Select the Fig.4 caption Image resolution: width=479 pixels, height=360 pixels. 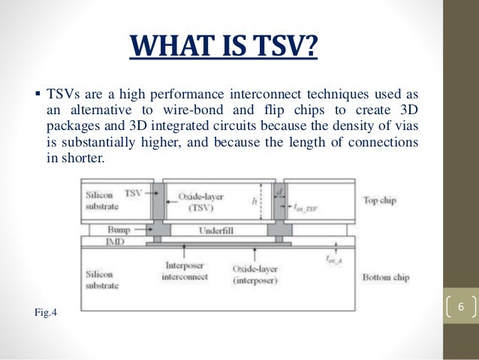click(x=45, y=310)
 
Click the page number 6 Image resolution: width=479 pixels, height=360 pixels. click(x=460, y=307)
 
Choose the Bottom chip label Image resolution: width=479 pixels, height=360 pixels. click(x=385, y=277)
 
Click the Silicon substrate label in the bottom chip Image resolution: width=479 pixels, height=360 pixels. click(x=102, y=280)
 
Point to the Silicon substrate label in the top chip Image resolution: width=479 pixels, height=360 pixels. click(x=102, y=199)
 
